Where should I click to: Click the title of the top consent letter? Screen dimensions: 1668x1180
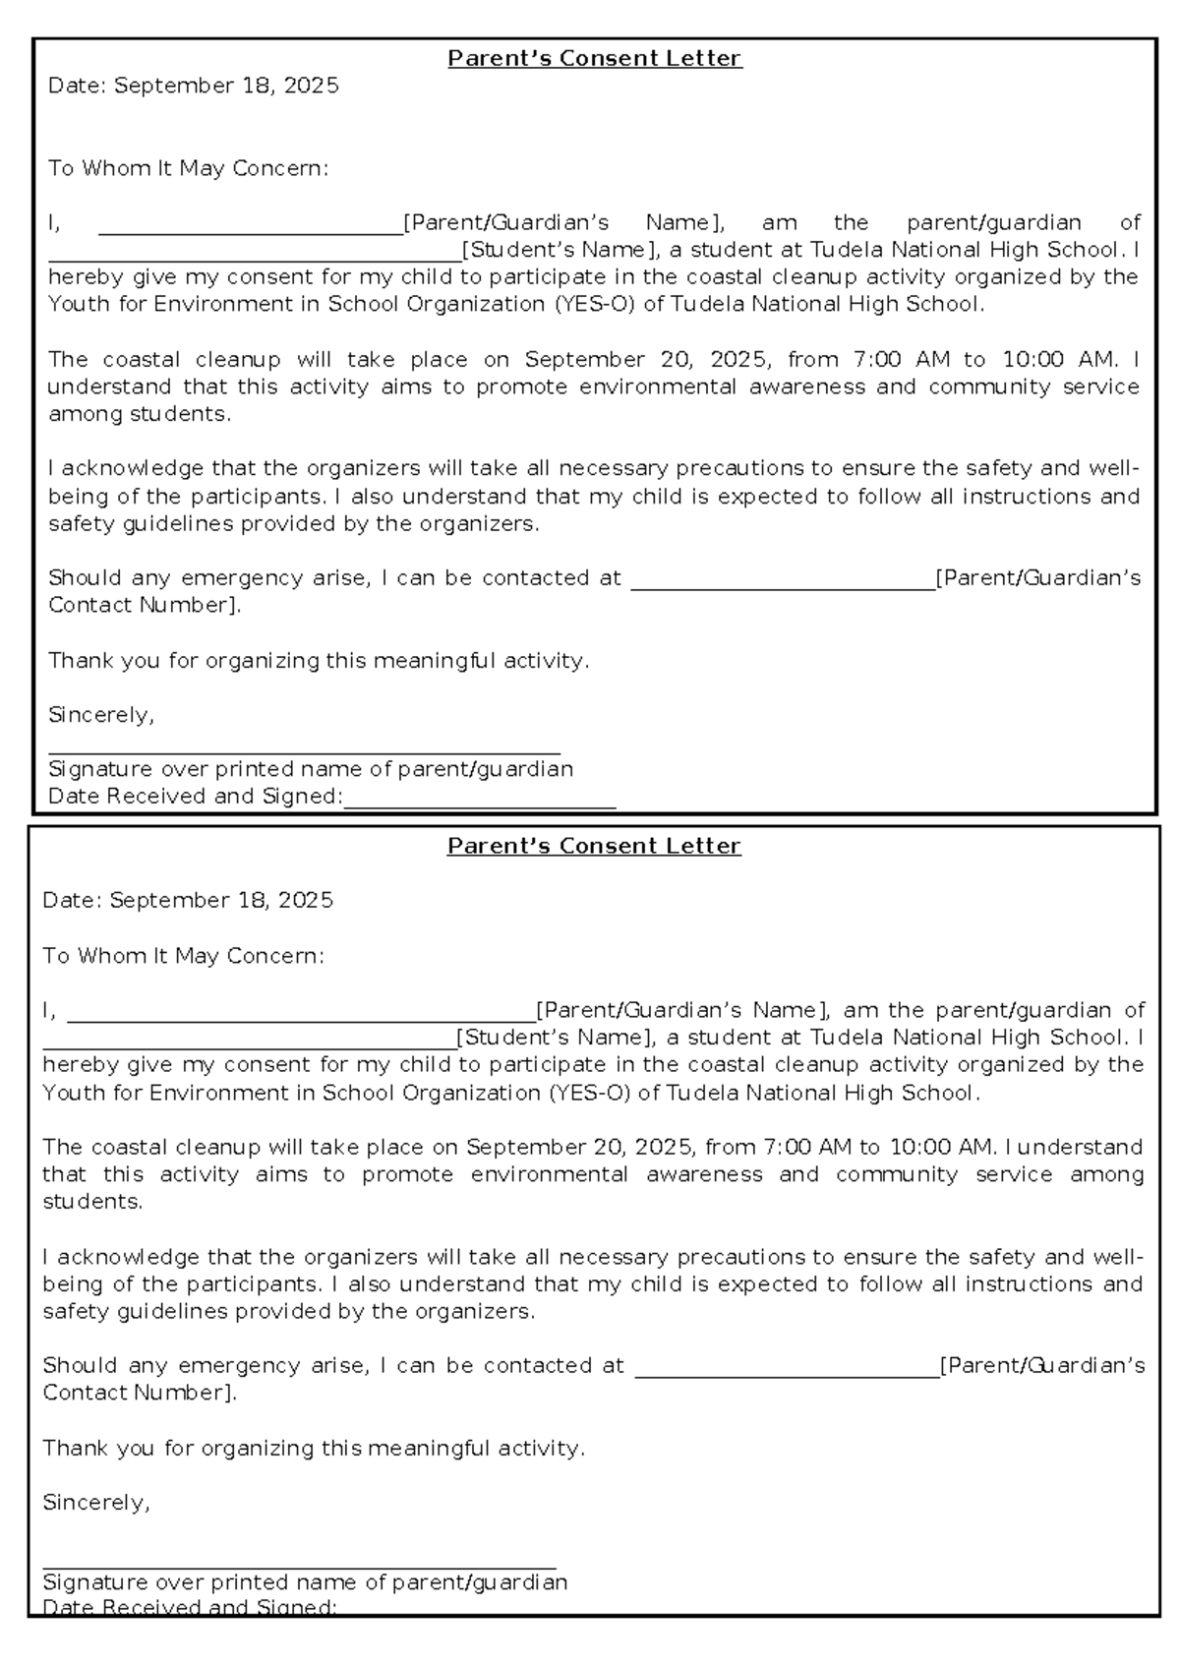click(594, 59)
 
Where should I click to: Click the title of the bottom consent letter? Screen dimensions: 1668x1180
click(594, 847)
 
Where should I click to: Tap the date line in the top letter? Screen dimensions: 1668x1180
click(194, 87)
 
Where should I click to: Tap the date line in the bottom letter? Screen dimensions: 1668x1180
click(188, 901)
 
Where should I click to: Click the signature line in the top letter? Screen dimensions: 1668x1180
click(304, 749)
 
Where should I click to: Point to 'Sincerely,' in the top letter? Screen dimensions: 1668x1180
click(101, 715)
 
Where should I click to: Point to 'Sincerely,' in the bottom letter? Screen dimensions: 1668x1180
click(96, 1503)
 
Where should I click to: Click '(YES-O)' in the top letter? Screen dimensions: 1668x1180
click(595, 305)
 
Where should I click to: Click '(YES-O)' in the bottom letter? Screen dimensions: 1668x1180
click(589, 1093)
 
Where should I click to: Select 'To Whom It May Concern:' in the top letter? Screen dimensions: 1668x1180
click(188, 169)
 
